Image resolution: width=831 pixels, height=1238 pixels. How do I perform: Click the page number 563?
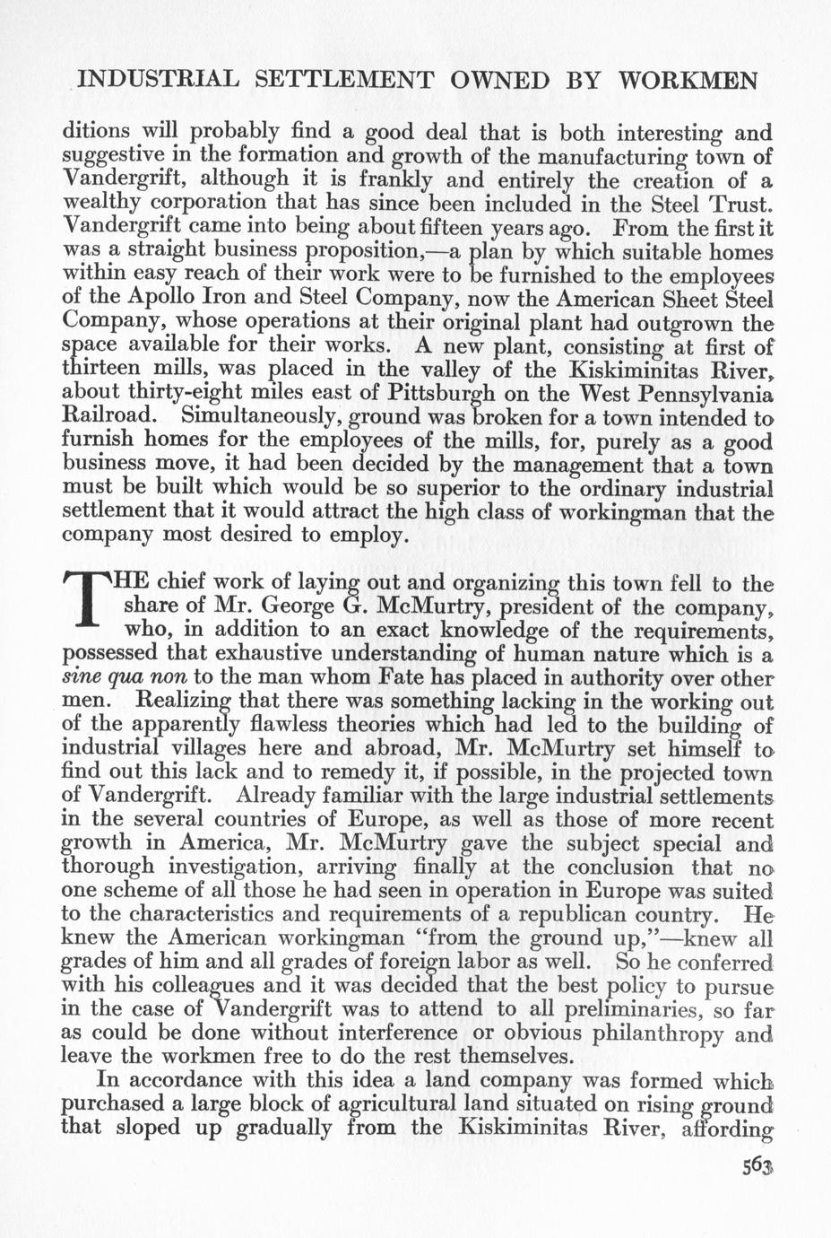(x=757, y=1166)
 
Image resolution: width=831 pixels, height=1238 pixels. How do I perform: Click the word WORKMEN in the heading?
(x=690, y=81)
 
